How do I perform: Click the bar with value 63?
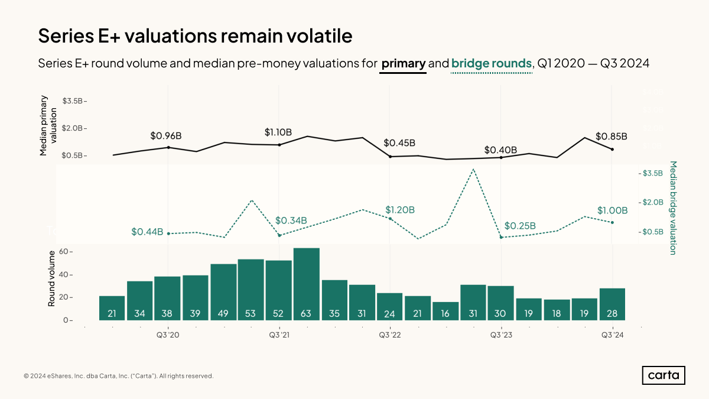click(306, 284)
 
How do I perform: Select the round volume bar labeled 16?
click(445, 311)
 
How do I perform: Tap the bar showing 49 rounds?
click(223, 292)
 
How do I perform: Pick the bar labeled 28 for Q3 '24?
click(612, 304)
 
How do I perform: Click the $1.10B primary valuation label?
click(278, 132)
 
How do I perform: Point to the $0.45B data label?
click(400, 143)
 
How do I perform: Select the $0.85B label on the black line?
click(611, 137)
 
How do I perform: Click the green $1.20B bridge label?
click(400, 210)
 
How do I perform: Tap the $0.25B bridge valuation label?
click(521, 226)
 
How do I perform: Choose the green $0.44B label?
click(147, 232)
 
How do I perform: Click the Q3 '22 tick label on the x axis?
click(390, 335)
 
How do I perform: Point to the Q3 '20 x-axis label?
click(168, 335)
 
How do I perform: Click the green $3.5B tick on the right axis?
click(652, 173)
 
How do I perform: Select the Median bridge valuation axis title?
click(672, 207)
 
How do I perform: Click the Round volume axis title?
click(51, 278)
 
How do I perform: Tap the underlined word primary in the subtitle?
click(403, 63)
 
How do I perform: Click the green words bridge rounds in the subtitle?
click(492, 63)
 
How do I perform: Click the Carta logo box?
click(664, 375)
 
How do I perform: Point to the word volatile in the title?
click(313, 35)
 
